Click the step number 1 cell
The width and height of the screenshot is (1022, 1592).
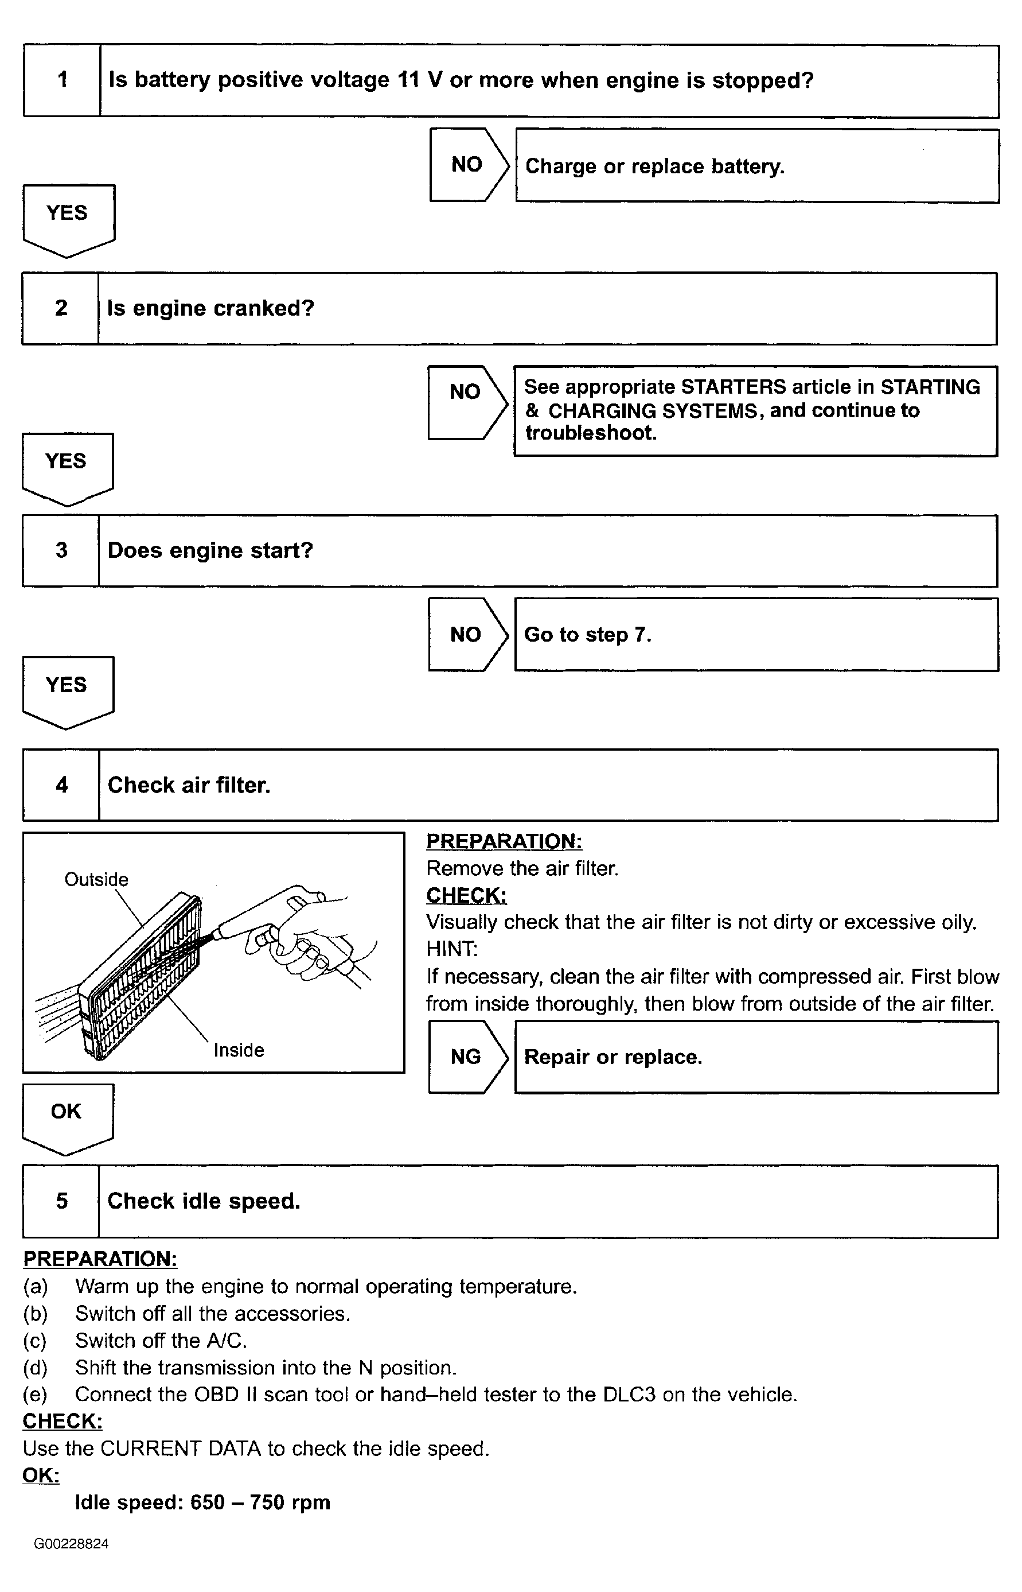[62, 80]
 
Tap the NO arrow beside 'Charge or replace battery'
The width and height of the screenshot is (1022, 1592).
[468, 165]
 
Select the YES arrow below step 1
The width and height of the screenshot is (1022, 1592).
[68, 218]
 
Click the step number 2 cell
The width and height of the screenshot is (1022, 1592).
[60, 308]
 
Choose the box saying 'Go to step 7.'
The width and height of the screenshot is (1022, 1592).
[756, 635]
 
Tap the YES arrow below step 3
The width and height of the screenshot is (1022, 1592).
[67, 689]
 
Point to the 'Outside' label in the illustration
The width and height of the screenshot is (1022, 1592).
[96, 880]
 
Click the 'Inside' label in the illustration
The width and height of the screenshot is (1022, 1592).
[239, 1050]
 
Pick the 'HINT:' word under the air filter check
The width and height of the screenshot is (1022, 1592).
[451, 949]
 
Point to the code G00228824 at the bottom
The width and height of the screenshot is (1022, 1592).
[72, 1544]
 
